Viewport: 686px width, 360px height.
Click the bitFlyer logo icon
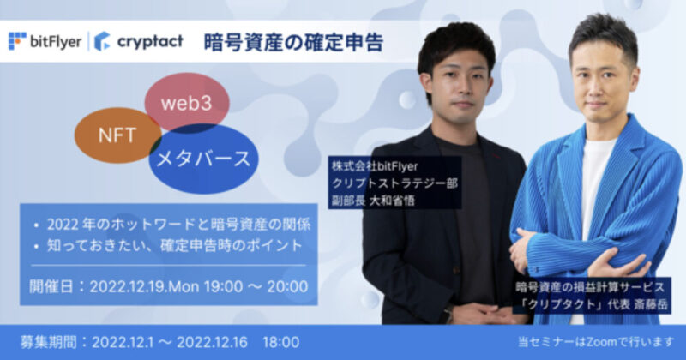click(17, 41)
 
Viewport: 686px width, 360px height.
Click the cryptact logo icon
click(102, 41)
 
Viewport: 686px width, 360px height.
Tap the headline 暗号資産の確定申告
click(293, 43)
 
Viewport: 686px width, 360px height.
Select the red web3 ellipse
click(187, 102)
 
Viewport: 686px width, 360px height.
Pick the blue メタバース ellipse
click(203, 159)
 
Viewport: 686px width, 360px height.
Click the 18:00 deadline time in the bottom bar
click(281, 343)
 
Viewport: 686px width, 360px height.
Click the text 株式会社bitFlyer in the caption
click(375, 166)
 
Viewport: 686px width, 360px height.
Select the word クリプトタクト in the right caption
click(563, 304)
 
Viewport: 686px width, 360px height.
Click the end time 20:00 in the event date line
click(287, 287)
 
